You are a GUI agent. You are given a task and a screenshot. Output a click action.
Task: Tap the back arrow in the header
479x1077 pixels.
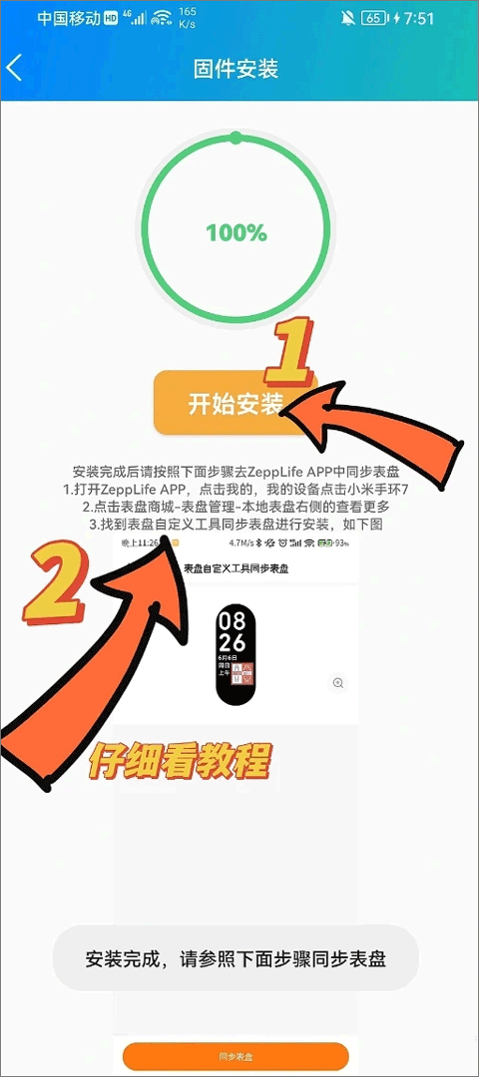click(x=14, y=68)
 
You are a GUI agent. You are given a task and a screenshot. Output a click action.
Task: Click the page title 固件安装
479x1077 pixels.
click(x=236, y=69)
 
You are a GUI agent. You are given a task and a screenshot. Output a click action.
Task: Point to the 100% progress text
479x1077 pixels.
click(x=237, y=233)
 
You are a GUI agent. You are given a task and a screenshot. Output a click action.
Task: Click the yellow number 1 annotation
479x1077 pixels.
click(x=290, y=353)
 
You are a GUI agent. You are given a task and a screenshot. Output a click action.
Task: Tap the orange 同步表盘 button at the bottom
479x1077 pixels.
click(x=236, y=1056)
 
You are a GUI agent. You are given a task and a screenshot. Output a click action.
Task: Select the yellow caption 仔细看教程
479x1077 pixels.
click(x=181, y=762)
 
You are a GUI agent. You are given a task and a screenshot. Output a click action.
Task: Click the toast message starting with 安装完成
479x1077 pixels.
click(x=236, y=958)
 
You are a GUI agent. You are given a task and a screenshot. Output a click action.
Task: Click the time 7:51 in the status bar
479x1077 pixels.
click(x=413, y=18)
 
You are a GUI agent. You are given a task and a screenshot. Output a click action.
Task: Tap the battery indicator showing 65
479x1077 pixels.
click(x=373, y=18)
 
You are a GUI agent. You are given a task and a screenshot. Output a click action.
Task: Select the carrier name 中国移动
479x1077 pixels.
click(x=69, y=18)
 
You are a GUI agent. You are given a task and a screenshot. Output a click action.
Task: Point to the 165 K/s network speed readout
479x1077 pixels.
click(x=188, y=18)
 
